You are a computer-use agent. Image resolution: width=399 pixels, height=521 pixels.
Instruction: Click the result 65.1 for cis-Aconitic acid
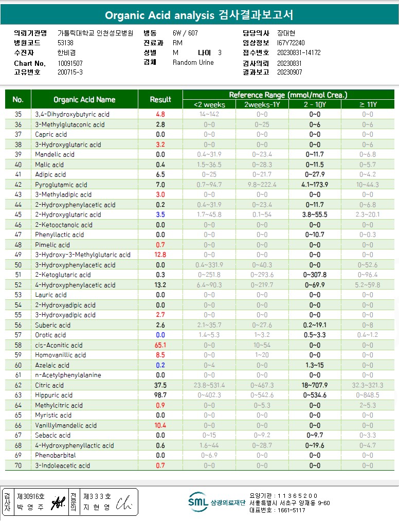click(160, 345)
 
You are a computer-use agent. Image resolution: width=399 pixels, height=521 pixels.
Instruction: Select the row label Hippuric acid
click(54, 395)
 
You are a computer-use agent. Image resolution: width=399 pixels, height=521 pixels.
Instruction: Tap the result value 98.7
click(160, 395)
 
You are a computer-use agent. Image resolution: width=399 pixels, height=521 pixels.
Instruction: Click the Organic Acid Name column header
click(84, 99)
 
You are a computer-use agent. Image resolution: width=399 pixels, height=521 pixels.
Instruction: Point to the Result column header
click(160, 99)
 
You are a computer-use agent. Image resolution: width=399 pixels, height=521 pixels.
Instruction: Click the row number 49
click(19, 255)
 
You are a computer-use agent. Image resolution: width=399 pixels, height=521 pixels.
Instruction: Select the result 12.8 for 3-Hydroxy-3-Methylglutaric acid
click(160, 255)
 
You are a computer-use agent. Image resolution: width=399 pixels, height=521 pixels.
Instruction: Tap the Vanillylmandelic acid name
click(66, 425)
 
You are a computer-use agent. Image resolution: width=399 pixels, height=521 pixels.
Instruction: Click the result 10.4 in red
click(160, 425)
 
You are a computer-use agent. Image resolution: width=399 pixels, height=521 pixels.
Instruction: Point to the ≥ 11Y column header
click(368, 104)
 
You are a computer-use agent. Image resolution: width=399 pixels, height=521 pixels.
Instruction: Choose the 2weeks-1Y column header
click(262, 104)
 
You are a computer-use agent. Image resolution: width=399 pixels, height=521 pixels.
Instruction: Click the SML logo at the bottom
click(198, 502)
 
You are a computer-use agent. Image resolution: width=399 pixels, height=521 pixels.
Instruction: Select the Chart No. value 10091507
click(70, 63)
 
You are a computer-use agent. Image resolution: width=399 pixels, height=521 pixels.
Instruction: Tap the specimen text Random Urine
click(193, 62)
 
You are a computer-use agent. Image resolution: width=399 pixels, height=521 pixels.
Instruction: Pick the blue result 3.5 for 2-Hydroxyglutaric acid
click(160, 214)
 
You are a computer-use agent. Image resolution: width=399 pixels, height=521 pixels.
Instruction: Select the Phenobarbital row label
click(56, 455)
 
